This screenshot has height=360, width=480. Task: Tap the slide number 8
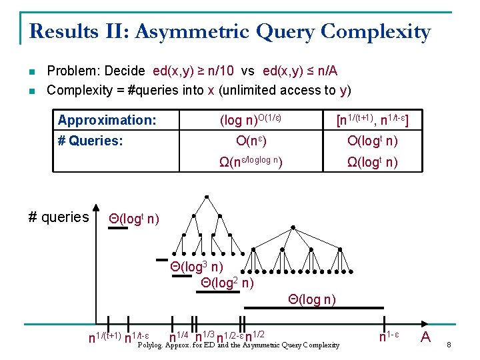449,345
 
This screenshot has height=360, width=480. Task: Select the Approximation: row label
107,120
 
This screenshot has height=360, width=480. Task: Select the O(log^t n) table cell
373,141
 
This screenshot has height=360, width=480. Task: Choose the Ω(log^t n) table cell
373,161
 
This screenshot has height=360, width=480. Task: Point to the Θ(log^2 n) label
227,283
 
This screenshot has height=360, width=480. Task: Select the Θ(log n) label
312,299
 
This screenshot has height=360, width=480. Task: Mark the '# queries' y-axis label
59,217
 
